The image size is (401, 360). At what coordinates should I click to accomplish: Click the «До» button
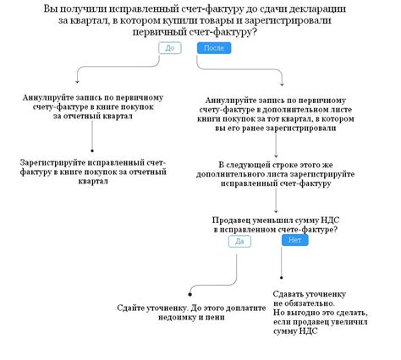point(170,48)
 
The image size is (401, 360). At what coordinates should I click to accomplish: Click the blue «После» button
point(214,48)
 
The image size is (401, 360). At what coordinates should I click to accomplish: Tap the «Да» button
point(239,242)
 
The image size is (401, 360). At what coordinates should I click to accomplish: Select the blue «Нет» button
point(294,240)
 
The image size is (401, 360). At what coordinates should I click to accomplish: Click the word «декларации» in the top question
point(320,9)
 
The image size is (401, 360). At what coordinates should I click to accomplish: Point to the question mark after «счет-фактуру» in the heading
point(254,32)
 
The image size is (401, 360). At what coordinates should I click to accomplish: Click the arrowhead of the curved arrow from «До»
point(77,82)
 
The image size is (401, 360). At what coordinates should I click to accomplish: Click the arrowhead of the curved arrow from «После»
point(282,85)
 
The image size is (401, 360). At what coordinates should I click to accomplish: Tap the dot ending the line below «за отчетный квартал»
point(92,151)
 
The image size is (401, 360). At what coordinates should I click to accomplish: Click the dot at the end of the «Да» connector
point(190,294)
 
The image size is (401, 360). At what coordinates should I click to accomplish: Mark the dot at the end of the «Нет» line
point(281,278)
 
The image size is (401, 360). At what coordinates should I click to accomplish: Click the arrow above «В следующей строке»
point(276,145)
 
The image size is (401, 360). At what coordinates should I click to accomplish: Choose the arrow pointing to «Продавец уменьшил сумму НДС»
point(276,200)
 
